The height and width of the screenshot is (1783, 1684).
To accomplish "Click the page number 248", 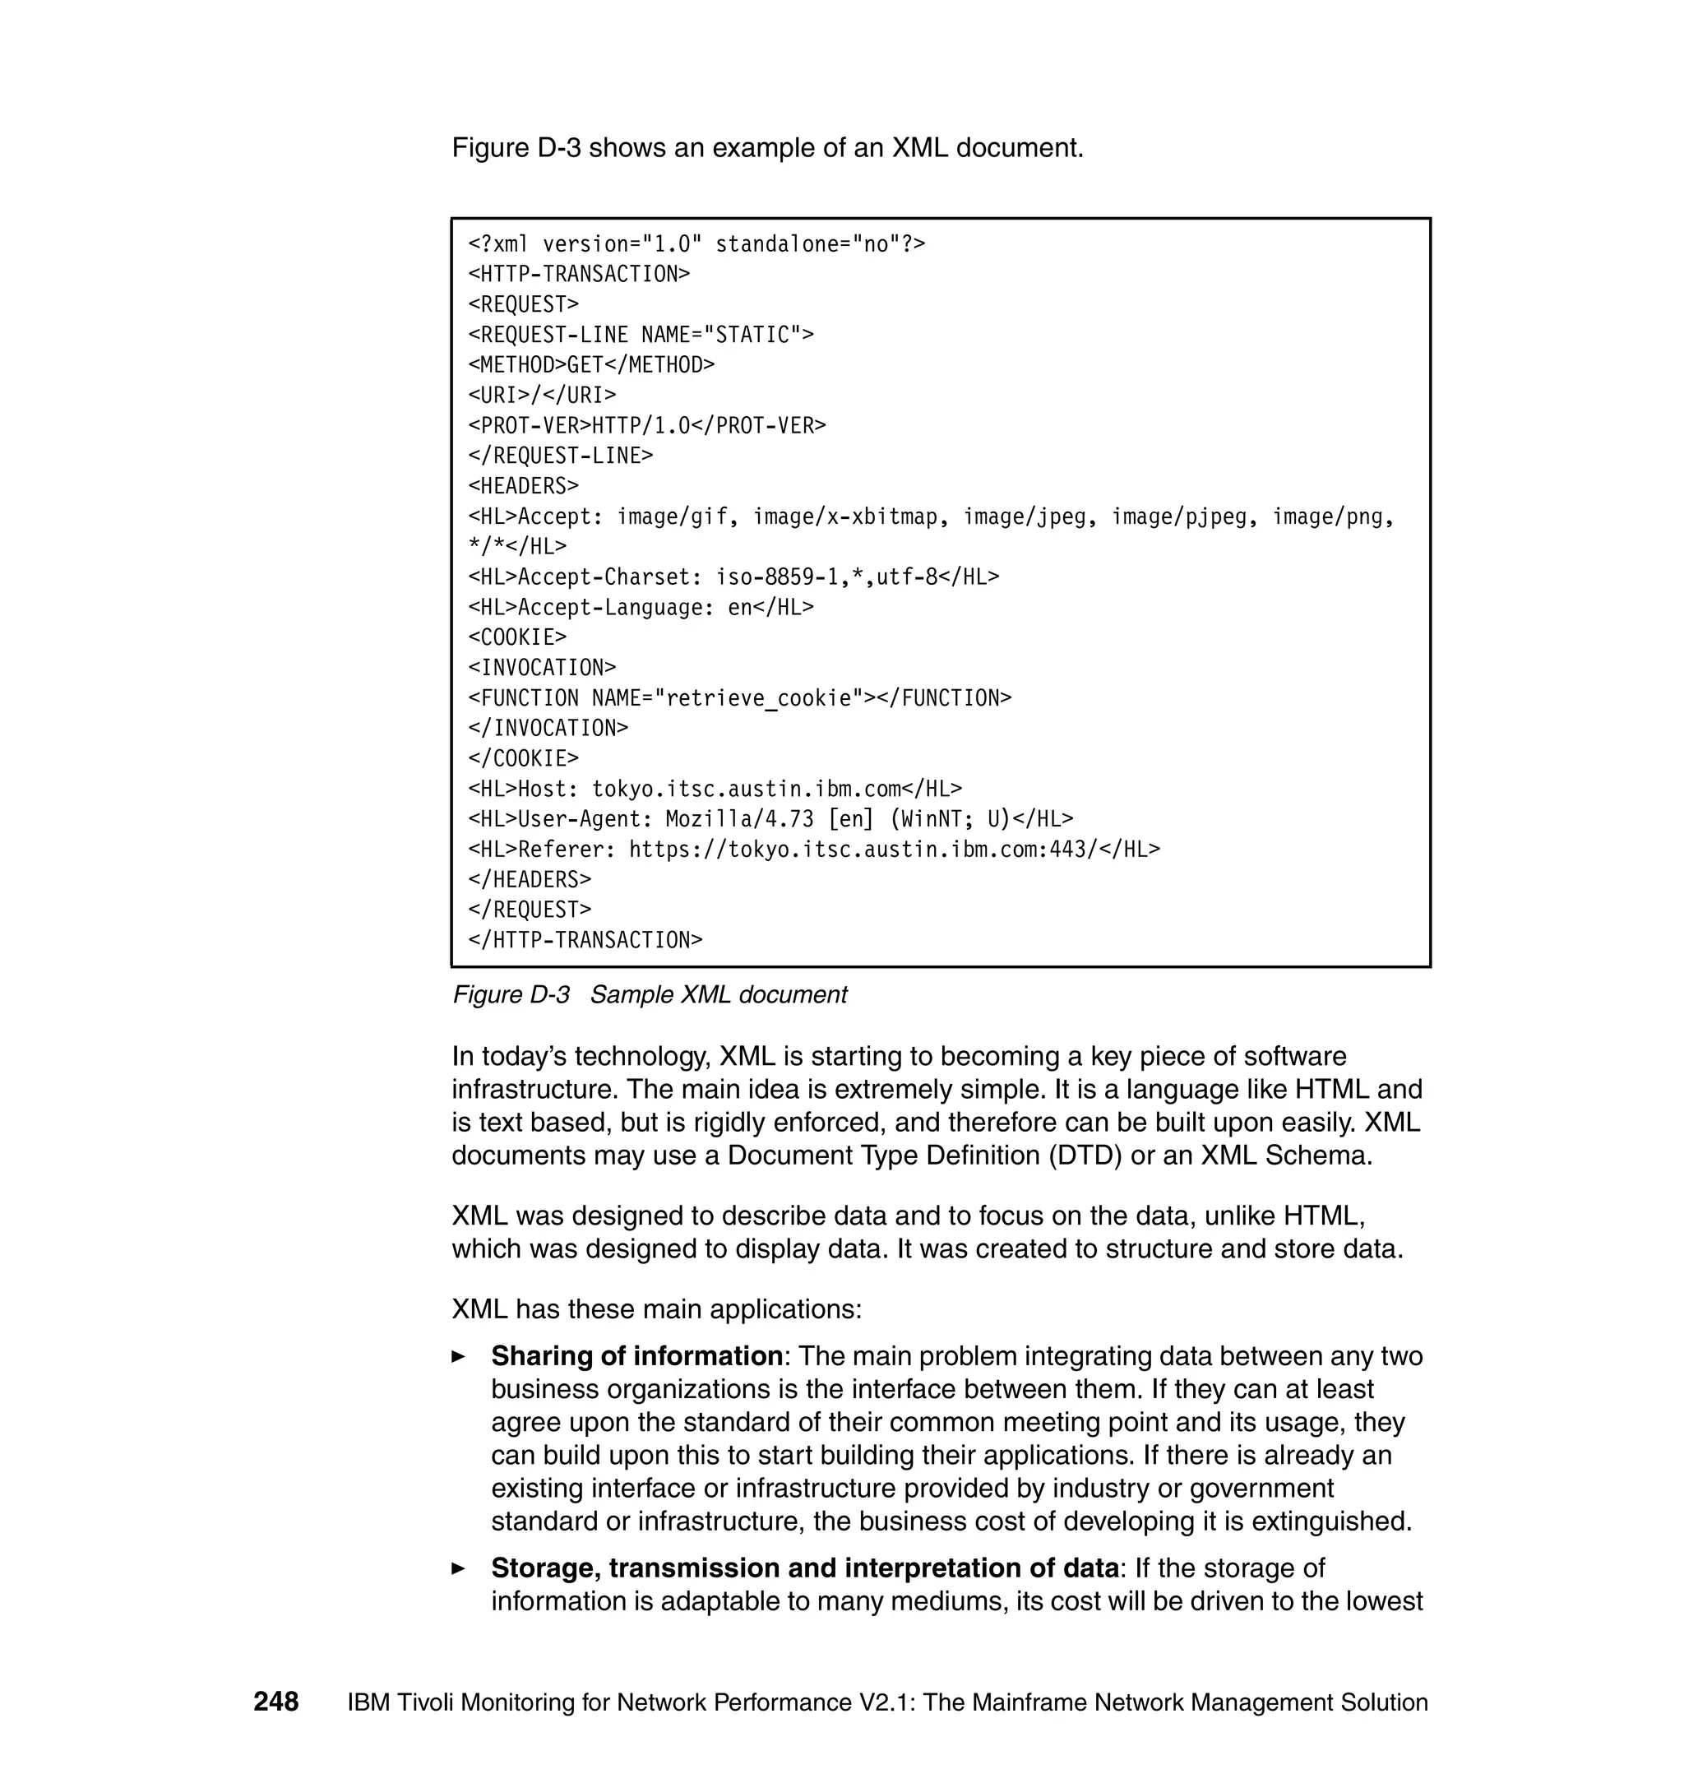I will point(275,1702).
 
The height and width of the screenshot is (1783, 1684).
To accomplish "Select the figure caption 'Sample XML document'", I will point(718,995).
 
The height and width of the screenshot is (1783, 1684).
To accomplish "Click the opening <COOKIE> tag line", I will point(517,637).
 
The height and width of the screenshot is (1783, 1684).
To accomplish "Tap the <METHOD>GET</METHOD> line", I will point(590,364).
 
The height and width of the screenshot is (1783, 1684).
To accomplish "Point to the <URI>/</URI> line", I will point(541,395).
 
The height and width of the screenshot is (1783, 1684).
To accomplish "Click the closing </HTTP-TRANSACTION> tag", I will point(585,940).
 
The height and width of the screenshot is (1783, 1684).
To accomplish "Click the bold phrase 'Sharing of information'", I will point(636,1355).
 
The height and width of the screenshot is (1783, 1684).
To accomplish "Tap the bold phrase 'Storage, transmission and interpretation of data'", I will point(804,1568).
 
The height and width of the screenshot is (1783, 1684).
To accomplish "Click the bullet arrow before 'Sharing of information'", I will point(459,1356).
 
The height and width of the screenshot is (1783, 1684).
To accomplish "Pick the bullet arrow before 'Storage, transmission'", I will point(459,1568).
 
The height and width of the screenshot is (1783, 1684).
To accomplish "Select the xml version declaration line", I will point(696,244).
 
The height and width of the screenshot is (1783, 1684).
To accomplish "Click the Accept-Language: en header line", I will point(640,608).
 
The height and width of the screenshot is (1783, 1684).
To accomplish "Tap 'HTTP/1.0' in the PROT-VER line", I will point(640,425).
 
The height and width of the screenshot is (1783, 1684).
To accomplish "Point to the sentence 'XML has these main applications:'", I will point(656,1309).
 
